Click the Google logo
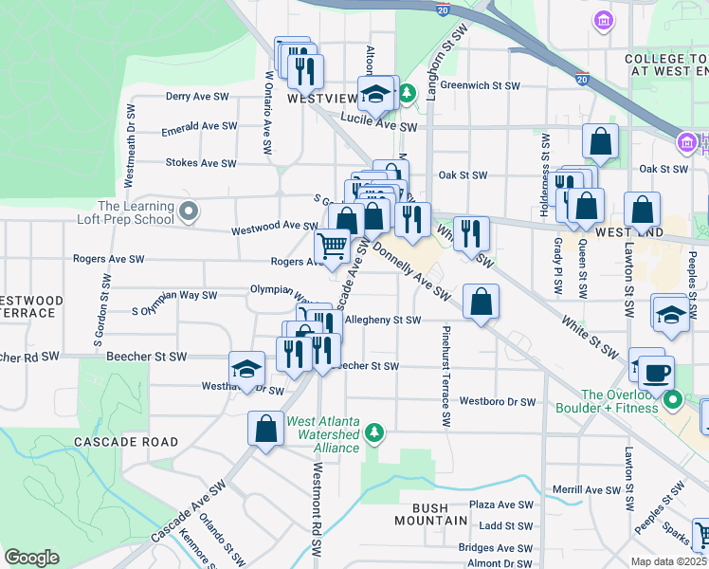point(31,558)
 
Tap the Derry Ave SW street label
point(198,97)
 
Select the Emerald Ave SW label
point(198,126)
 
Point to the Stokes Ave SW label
point(201,163)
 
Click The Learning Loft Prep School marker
point(189,211)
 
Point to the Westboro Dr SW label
point(498,401)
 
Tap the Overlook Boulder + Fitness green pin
point(673,400)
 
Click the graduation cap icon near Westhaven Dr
point(246,369)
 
